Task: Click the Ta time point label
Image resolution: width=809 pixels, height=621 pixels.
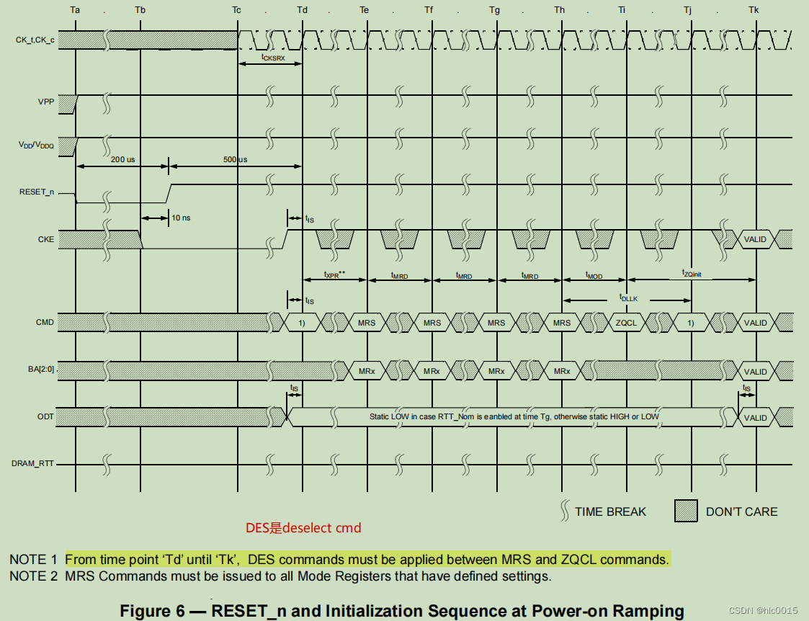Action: point(76,11)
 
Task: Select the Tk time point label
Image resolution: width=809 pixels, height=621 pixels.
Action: point(754,11)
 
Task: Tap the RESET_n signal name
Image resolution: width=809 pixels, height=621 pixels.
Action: point(37,192)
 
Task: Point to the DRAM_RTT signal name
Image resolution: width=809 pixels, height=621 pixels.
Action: point(34,463)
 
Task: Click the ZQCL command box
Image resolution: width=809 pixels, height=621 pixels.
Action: point(626,323)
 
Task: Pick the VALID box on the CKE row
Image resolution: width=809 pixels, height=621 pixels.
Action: point(755,239)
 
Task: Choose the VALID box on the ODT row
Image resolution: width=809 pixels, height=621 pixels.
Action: point(755,418)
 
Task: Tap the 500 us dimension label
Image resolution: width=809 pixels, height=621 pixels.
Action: point(235,159)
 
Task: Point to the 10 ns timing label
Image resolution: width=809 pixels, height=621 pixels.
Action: point(181,218)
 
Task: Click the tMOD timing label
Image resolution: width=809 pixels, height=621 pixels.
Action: point(594,276)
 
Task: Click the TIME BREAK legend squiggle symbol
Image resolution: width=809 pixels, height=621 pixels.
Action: point(564,511)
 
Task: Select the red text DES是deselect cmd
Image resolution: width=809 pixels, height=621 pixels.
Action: point(303,528)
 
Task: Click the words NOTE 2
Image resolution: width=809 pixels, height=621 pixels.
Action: point(33,576)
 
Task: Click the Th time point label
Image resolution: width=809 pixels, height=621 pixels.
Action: point(560,11)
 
